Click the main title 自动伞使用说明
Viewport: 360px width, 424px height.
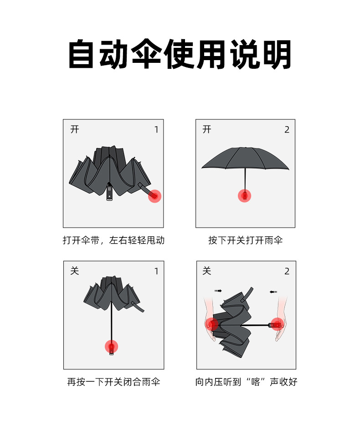pos(180,55)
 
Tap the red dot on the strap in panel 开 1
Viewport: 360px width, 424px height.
pos(154,196)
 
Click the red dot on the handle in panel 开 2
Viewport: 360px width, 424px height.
pos(245,196)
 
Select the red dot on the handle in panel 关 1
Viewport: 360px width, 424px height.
pos(112,347)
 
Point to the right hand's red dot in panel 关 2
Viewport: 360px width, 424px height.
pos(277,324)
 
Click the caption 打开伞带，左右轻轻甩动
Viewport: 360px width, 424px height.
pos(113,240)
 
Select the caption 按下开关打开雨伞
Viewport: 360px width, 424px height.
pos(245,240)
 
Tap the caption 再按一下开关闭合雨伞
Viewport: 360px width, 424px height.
pos(113,382)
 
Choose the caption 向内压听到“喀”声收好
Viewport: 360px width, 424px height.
pos(246,382)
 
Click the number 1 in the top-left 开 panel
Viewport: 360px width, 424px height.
pos(156,130)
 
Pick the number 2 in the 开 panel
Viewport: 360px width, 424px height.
pos(287,130)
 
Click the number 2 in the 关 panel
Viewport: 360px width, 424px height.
pos(287,271)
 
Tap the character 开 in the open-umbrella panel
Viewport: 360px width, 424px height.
pos(207,129)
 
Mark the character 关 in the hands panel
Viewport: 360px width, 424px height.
pos(207,271)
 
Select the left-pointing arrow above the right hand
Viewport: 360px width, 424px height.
pos(273,291)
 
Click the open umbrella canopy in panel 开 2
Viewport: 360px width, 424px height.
pos(245,158)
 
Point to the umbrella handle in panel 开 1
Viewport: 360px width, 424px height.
pos(109,191)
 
